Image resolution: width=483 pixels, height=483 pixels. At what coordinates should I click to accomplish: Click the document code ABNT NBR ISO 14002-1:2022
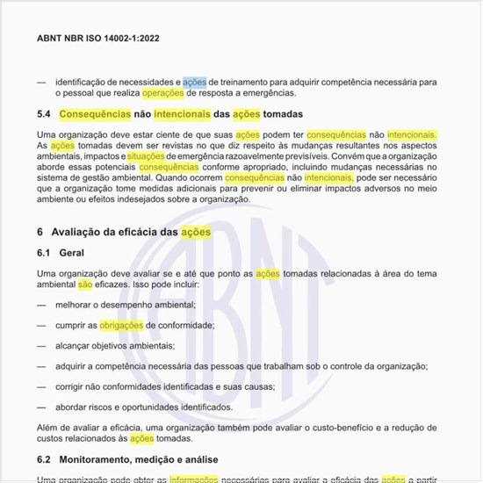pyautogui.click(x=97, y=39)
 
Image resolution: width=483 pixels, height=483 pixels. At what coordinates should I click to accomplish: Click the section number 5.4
pyautogui.click(x=46, y=114)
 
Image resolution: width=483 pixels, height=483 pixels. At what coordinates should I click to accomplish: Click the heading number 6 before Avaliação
pyautogui.click(x=40, y=232)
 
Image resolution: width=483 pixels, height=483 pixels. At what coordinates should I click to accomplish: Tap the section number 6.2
pyautogui.click(x=46, y=459)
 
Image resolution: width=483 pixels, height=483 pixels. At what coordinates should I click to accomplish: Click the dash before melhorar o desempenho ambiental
pyautogui.click(x=41, y=305)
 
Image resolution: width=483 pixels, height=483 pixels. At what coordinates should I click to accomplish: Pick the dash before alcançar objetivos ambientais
pyautogui.click(x=41, y=345)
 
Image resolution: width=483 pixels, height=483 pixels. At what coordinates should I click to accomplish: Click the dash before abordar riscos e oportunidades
pyautogui.click(x=41, y=407)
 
